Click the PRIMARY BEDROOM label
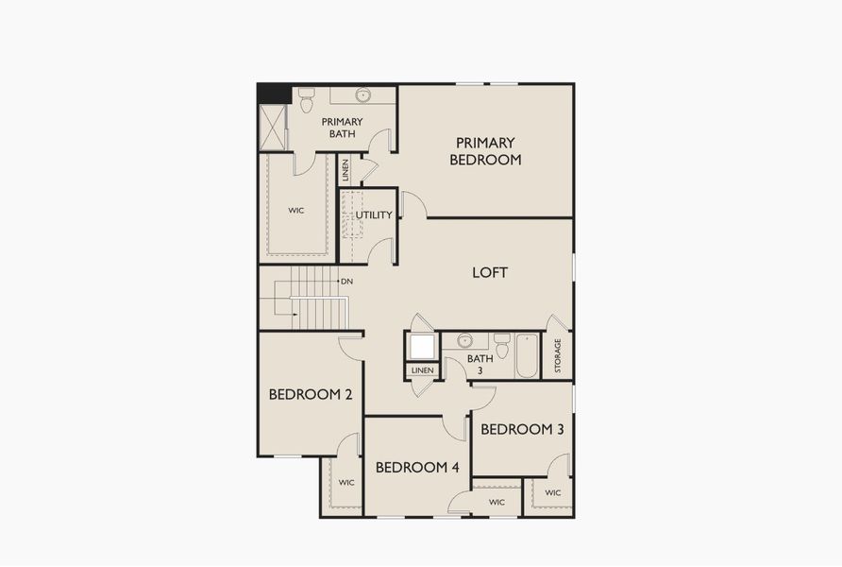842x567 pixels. pos(485,151)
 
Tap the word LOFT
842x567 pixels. pos(490,272)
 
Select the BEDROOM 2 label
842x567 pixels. pos(311,395)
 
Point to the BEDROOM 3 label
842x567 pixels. pos(522,429)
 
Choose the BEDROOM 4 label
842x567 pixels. pos(417,468)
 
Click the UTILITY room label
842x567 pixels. pos(373,215)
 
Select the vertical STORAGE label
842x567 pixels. pos(558,355)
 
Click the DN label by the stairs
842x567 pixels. pos(346,281)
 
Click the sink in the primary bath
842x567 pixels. pos(362,94)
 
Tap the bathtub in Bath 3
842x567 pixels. pos(526,354)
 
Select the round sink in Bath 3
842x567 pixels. pos(463,340)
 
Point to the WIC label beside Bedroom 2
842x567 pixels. pos(346,483)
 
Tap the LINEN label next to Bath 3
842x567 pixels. pos(423,369)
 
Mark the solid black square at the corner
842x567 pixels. pos(274,94)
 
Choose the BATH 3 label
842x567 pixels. pos(480,365)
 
